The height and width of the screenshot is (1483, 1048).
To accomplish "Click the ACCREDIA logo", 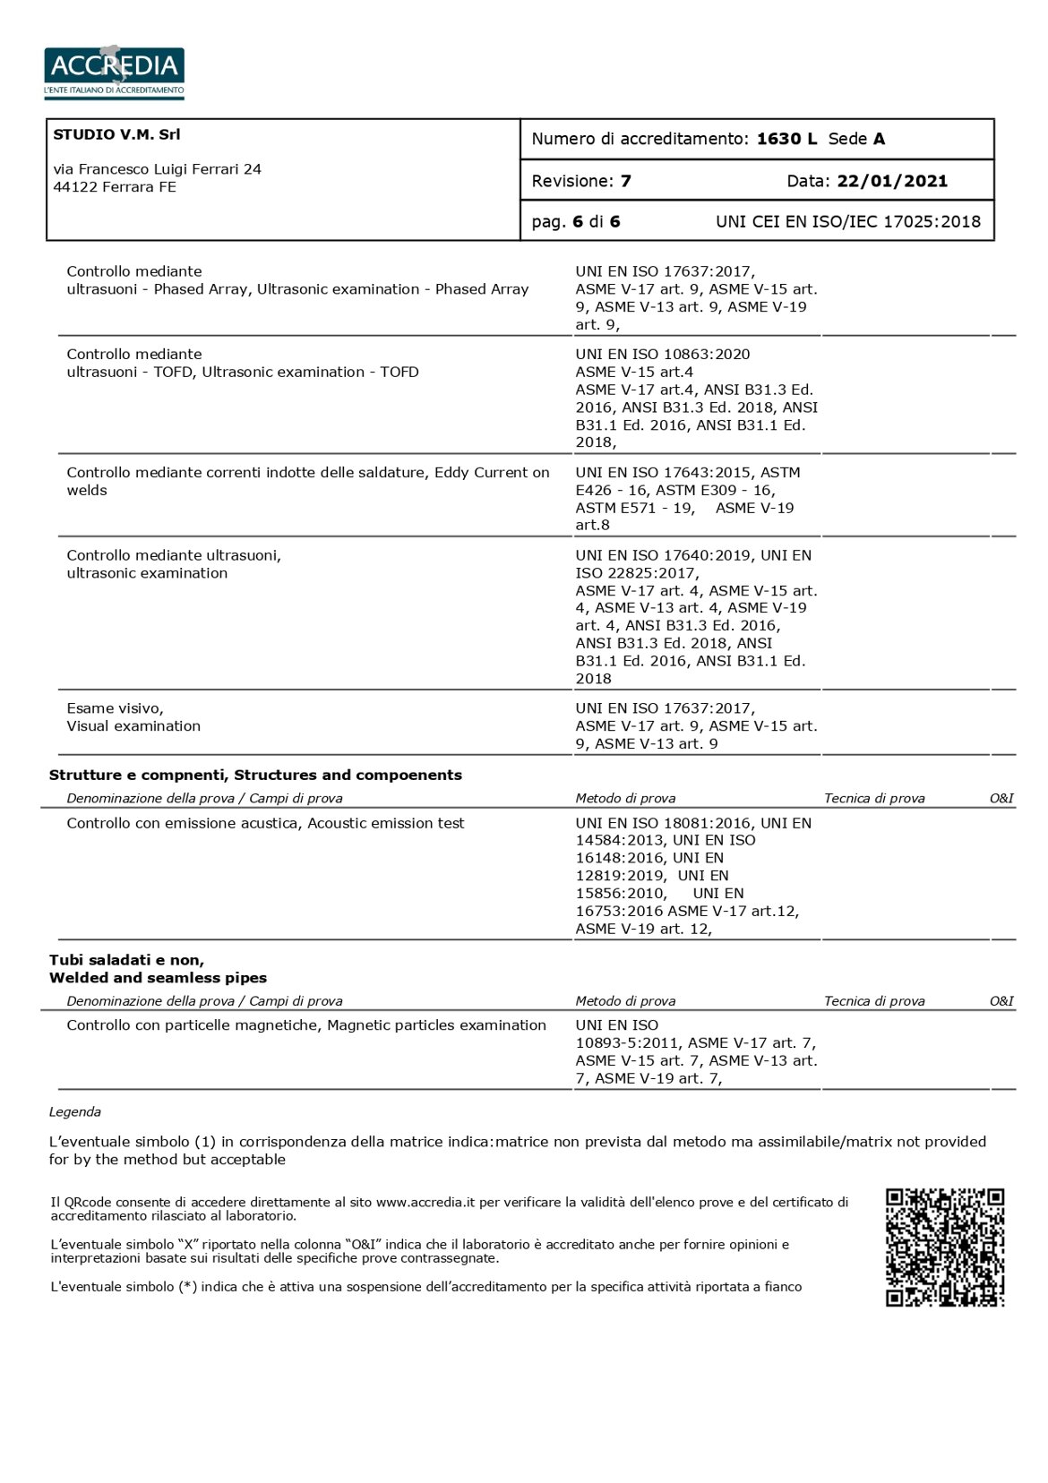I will (x=114, y=71).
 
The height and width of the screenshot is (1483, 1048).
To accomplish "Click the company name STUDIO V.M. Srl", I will (x=116, y=134).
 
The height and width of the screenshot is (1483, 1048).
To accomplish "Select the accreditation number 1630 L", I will (x=786, y=139).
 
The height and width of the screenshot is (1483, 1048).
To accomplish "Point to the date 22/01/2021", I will (x=891, y=181).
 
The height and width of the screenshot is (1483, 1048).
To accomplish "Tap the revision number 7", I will (x=625, y=181).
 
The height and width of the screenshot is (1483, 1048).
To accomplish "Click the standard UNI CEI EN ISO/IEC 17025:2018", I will (x=847, y=221).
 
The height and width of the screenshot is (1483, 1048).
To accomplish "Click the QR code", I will (x=944, y=1247).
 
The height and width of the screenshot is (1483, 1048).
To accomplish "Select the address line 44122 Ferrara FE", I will (x=115, y=187).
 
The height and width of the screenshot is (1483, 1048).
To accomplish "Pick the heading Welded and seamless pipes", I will (x=158, y=978).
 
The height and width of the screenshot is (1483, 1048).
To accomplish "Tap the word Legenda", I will (x=75, y=1111).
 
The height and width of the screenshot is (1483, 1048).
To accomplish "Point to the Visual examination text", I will (x=133, y=725).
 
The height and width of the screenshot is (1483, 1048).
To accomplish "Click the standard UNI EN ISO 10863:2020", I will (x=663, y=354).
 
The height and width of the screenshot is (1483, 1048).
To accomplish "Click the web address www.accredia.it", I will (x=425, y=1202).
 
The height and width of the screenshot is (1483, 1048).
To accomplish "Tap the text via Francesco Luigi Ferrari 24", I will (x=158, y=169).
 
